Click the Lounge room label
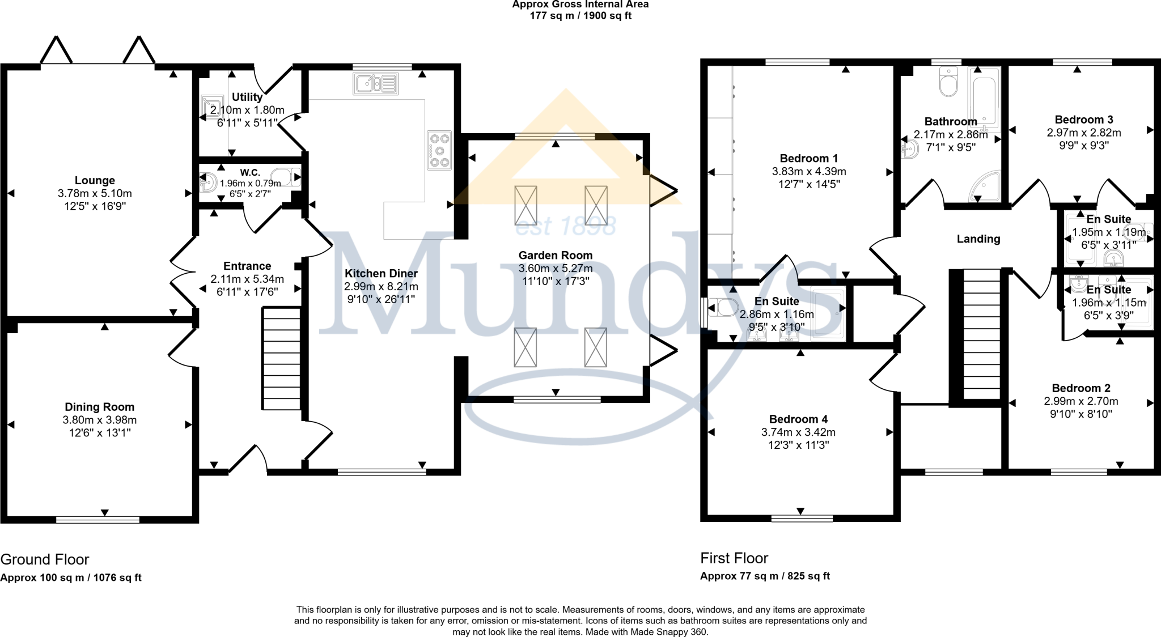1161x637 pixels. pos(95,180)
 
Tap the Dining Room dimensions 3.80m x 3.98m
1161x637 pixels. pos(99,420)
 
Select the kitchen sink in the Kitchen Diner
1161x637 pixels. pos(376,84)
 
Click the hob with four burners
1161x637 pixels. pos(439,150)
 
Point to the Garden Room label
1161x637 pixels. pos(555,255)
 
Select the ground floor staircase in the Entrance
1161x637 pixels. pos(281,358)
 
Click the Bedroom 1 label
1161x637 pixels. pos(808,158)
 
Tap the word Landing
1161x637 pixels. pos(978,239)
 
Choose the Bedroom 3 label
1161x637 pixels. pos(1083,120)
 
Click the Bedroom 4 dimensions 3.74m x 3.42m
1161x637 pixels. pos(798,432)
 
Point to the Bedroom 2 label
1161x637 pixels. pos(1081,388)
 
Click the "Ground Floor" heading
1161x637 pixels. pos(45,559)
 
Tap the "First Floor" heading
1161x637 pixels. pos(734,558)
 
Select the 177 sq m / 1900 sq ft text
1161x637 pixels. pos(580,16)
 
